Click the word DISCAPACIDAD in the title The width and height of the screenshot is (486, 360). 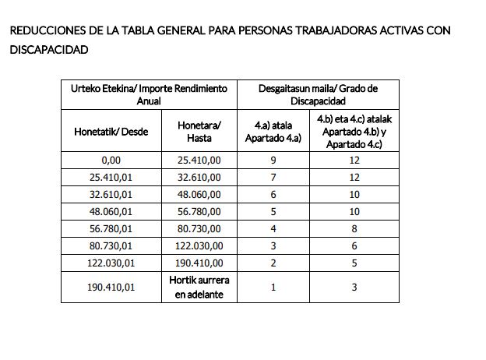click(49, 50)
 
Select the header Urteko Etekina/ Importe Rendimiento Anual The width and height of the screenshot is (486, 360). click(149, 94)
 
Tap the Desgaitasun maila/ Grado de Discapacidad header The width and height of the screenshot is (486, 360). click(318, 94)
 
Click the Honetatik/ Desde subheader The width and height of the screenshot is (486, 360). click(111, 131)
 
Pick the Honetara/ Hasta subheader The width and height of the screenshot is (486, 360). click(199, 131)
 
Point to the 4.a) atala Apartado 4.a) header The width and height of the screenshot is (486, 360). click(273, 131)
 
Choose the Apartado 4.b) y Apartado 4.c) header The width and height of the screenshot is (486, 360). click(354, 131)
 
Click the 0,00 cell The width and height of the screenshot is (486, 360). click(111, 161)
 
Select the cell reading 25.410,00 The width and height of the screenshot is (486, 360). click(199, 161)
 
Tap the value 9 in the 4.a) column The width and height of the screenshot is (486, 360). click(273, 161)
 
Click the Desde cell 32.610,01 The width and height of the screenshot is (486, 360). click(111, 195)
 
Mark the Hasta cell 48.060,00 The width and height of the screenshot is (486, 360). click(199, 195)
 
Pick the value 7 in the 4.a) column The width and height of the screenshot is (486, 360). click(273, 178)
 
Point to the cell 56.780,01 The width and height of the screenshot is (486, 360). click(111, 229)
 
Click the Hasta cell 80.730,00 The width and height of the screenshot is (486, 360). click(199, 229)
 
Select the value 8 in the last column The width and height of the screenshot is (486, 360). click(354, 229)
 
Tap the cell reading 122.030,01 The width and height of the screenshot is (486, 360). click(111, 263)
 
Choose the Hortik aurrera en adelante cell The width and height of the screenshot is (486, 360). click(199, 287)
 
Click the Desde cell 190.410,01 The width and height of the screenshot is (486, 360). click(111, 287)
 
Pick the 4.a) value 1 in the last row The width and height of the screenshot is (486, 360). click(273, 287)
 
